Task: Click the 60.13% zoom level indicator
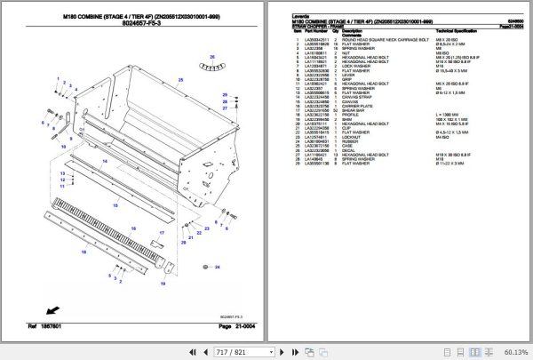513,353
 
